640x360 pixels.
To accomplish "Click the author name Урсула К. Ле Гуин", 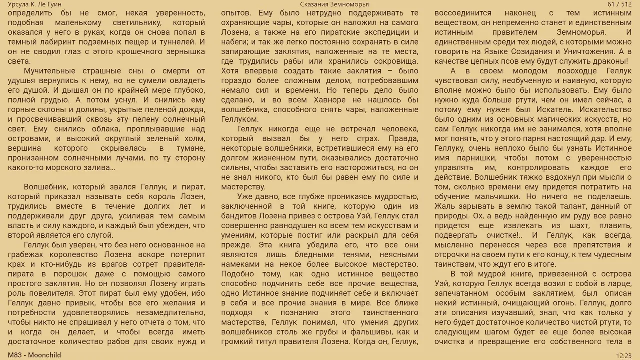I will point(35,4).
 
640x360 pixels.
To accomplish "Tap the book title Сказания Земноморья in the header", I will point(335,4).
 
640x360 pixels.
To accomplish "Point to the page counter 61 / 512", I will point(620,4).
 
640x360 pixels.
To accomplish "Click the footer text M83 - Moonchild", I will point(34,355).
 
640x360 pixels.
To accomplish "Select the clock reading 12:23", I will point(624,355).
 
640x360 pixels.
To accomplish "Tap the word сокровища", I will point(395,61).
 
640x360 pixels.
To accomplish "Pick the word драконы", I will point(609,61).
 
